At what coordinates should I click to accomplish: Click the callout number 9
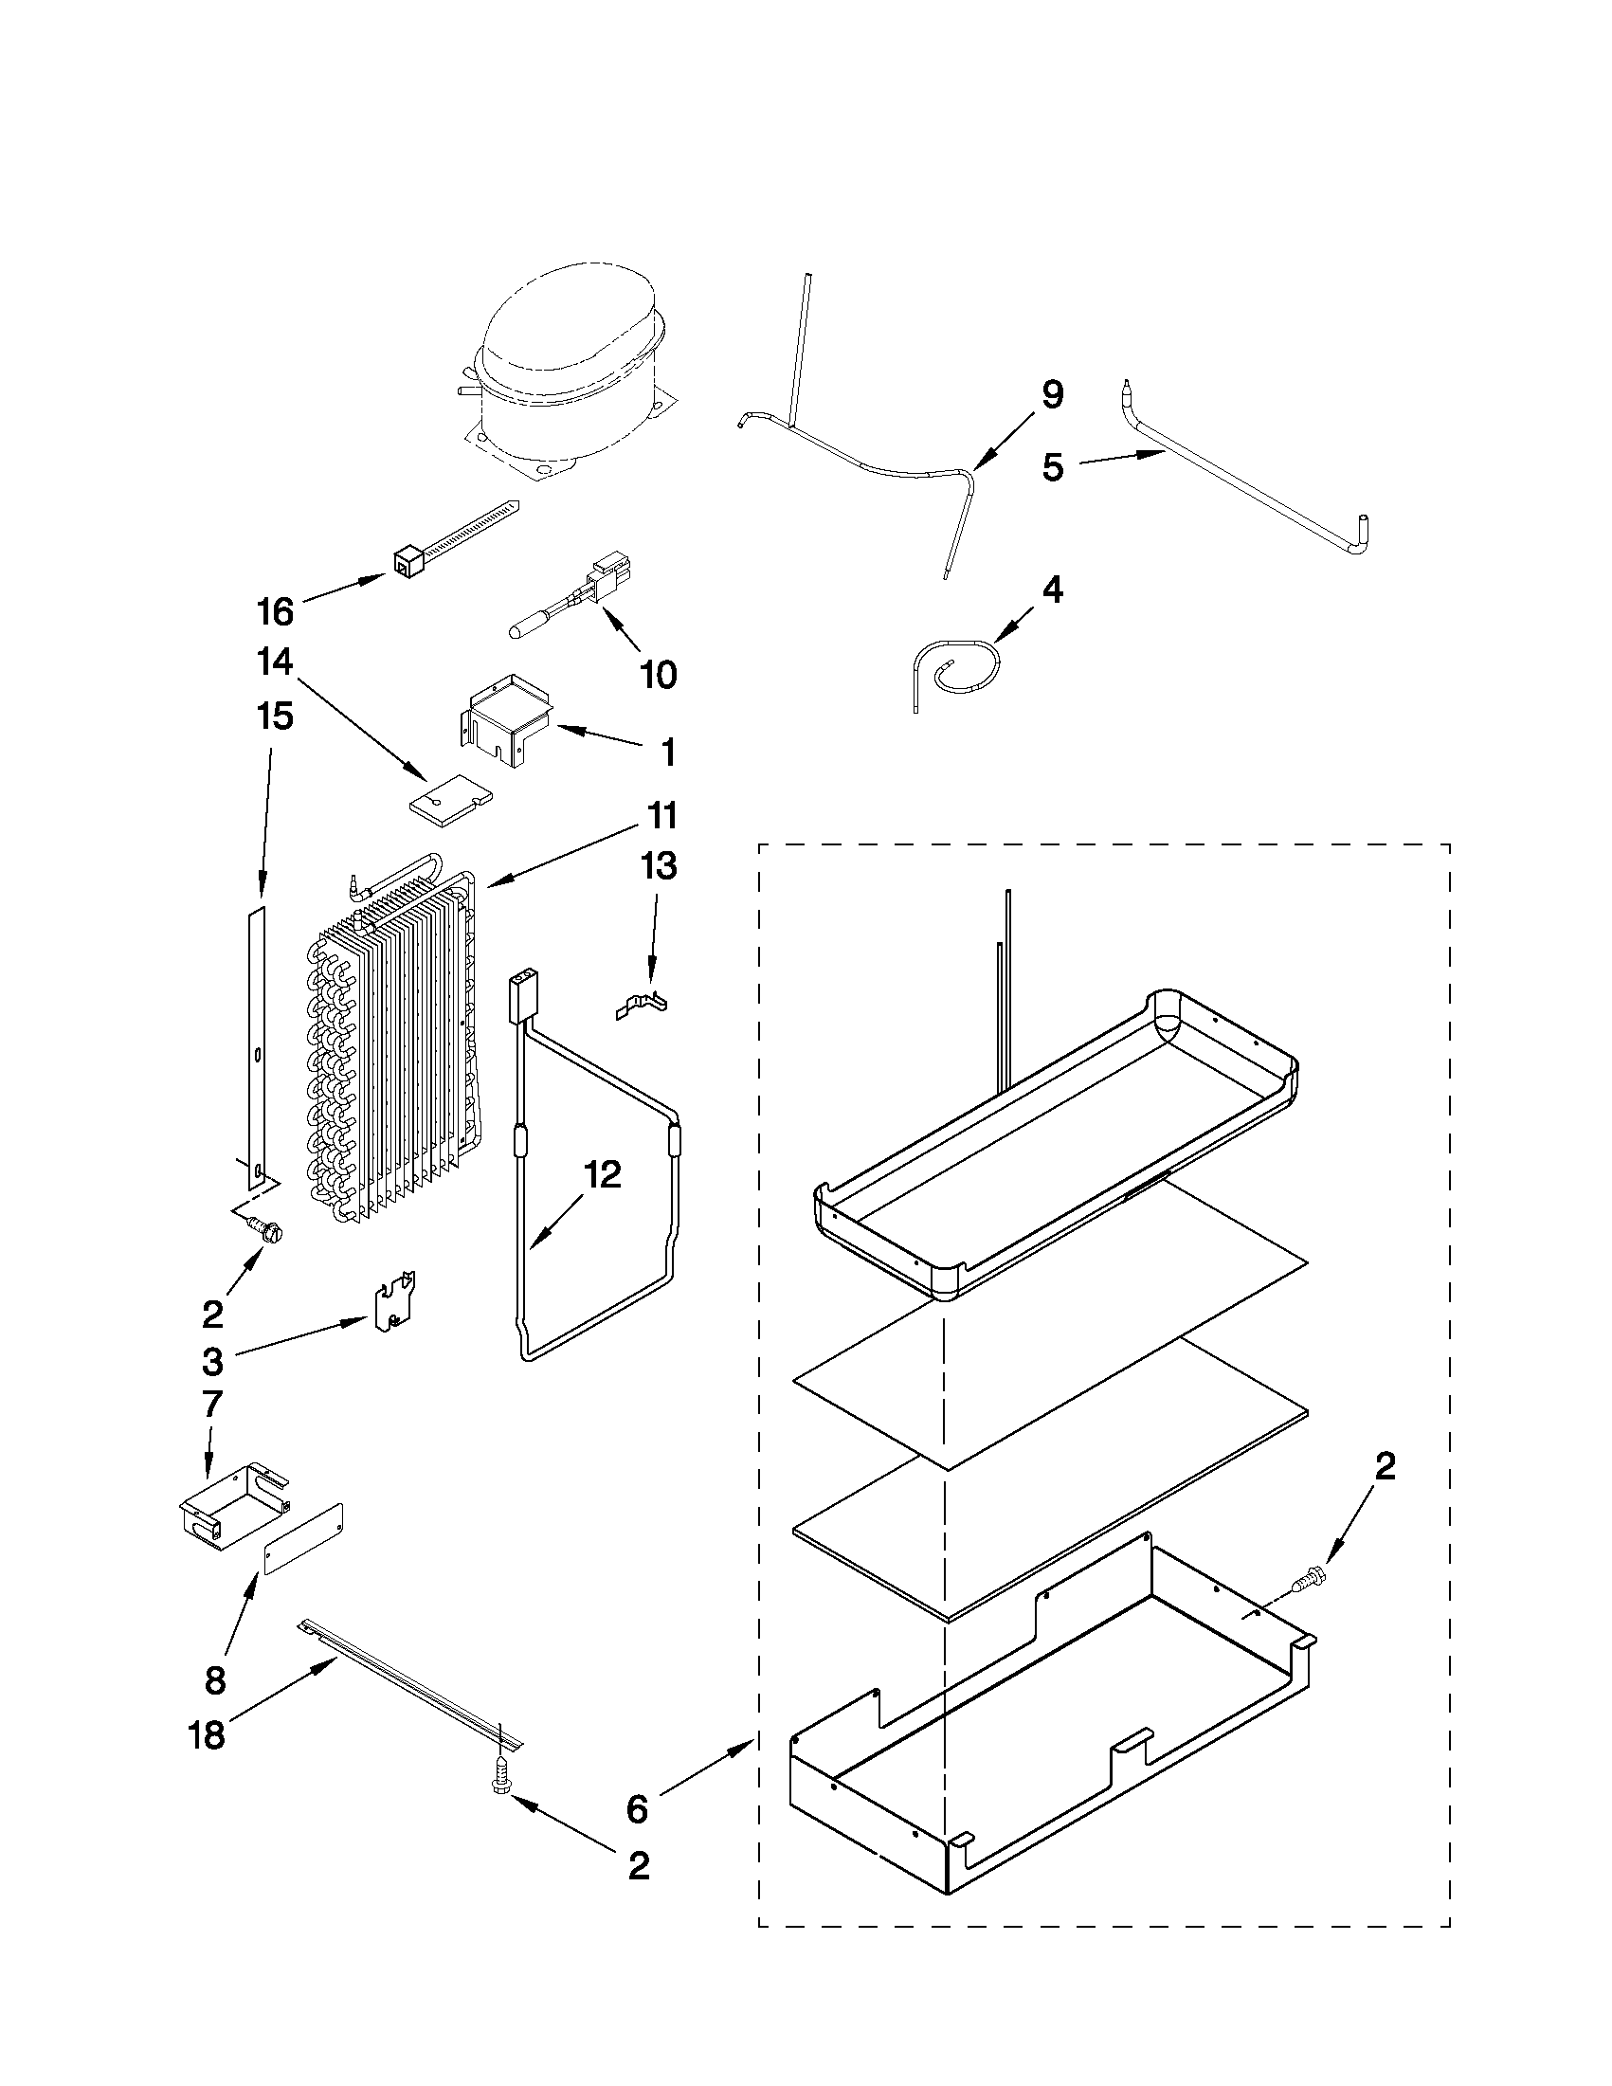tap(1051, 394)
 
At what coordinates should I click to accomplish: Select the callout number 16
tap(275, 612)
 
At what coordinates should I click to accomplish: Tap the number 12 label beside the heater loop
tap(603, 1175)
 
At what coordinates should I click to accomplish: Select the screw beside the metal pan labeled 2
tap(1306, 1584)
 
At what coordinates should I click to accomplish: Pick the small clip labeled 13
tap(641, 1007)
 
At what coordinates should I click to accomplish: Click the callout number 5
tap(1052, 468)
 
